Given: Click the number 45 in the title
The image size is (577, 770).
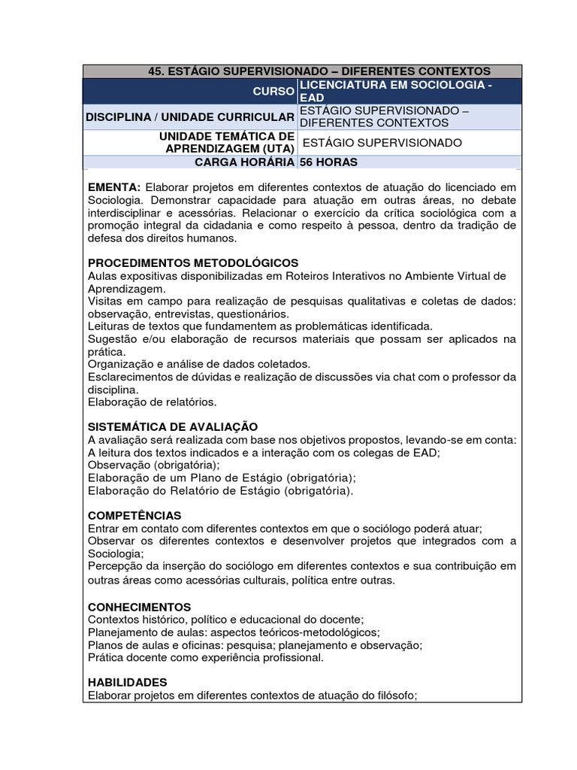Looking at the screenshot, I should click(x=156, y=71).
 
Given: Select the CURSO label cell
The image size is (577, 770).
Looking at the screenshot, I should click(x=276, y=91).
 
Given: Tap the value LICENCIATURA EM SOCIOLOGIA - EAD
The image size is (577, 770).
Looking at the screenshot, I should click(x=395, y=91).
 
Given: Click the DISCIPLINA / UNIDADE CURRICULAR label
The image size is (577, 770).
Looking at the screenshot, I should click(x=190, y=117).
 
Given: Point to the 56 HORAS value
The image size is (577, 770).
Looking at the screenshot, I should click(x=328, y=162).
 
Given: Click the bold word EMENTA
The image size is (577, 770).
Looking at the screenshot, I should click(x=114, y=186).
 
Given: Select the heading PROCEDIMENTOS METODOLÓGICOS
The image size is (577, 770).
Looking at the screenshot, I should click(x=193, y=262).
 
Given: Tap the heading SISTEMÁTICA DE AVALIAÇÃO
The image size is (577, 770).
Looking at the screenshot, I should click(x=173, y=426).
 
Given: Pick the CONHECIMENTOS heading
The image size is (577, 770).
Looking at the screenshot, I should click(x=140, y=606).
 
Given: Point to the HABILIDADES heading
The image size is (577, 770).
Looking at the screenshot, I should click(x=127, y=682).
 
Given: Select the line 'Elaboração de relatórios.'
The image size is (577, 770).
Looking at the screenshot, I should click(x=153, y=402).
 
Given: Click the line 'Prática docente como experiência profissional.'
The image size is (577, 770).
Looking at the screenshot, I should click(x=205, y=657).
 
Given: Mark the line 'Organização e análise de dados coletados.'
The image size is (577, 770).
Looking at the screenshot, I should click(x=199, y=364).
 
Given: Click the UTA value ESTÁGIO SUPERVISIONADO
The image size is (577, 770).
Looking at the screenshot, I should click(x=382, y=143).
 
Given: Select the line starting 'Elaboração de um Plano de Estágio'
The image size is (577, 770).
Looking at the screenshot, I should click(x=222, y=477).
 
